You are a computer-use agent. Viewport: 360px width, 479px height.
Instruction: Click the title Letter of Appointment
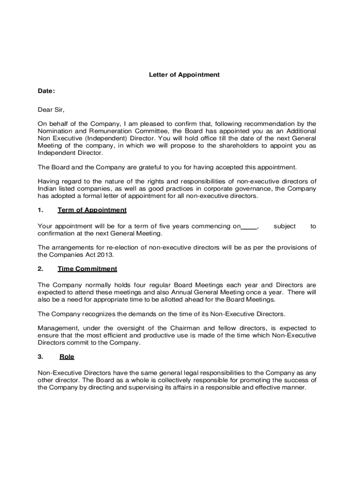pos(184,74)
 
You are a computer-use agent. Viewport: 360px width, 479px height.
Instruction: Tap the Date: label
pos(46,91)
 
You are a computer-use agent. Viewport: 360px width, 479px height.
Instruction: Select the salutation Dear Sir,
pos(51,110)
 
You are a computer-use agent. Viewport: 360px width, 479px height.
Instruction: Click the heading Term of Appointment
pos(92,210)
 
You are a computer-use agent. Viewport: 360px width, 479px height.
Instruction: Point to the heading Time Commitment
pos(87,269)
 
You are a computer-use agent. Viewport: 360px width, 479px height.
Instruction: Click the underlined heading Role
pos(67,356)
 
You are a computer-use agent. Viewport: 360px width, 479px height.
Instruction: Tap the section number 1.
pos(41,210)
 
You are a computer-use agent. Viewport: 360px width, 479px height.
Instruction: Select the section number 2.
pos(41,269)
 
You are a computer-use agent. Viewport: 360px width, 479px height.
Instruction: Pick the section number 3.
pos(41,356)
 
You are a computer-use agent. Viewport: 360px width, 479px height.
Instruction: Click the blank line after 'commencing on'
pos(249,226)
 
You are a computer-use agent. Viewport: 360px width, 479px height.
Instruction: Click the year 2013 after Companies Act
pos(105,255)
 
